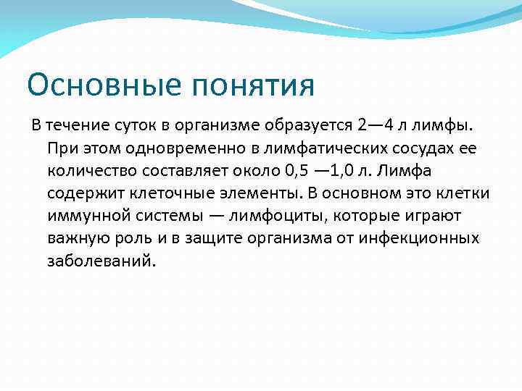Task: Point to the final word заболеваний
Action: point(101,261)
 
